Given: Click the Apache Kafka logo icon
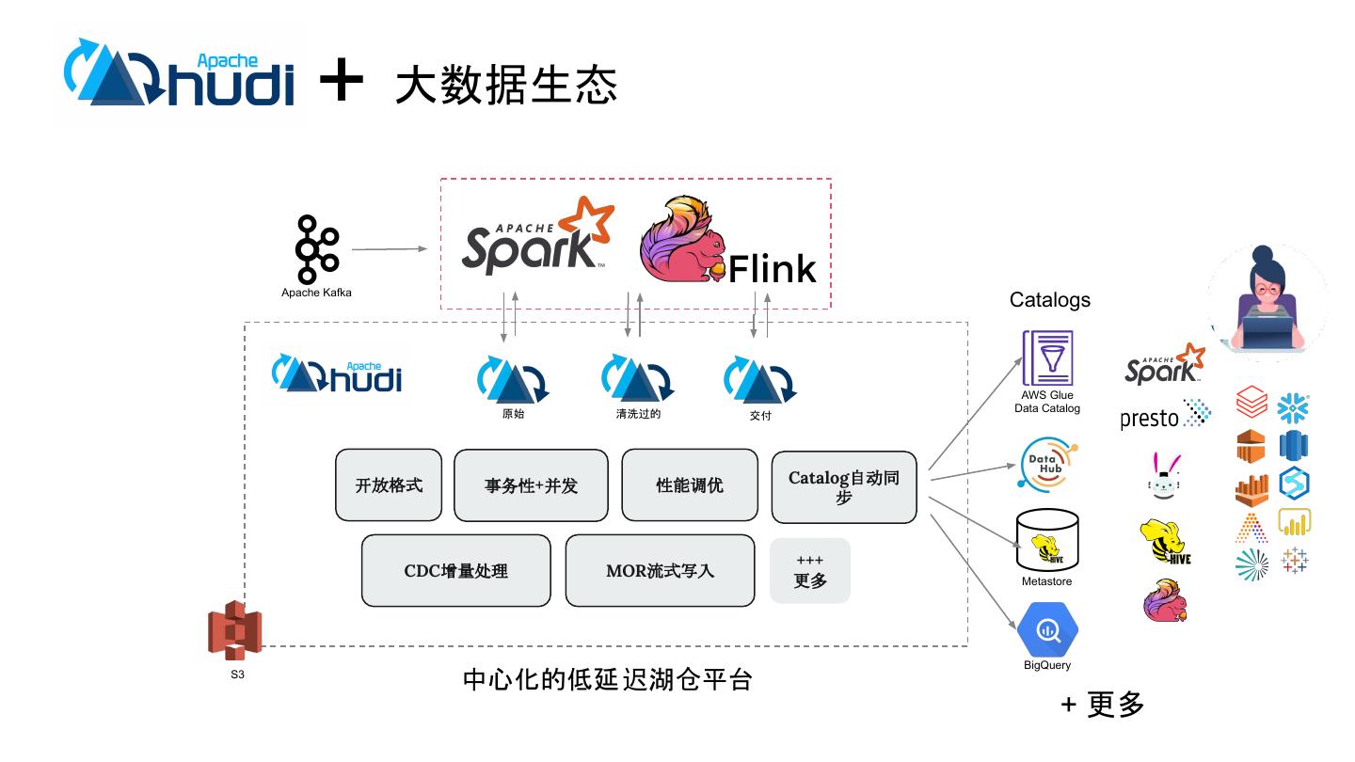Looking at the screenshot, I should pos(316,249).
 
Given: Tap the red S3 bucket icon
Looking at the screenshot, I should pos(234,631).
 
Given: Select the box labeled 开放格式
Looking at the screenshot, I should pos(389,485).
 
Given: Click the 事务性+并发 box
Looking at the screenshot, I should pos(531,485).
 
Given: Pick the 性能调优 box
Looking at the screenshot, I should pos(690,485).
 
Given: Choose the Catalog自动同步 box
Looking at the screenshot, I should pos(844,487).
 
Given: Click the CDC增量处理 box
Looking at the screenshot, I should pos(455,570).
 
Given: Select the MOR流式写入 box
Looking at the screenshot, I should pos(660,570).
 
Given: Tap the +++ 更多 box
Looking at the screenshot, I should pos(810,570).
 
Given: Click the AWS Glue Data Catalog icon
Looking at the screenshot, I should pos(1047,357).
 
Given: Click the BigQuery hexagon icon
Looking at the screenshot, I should pos(1047,630).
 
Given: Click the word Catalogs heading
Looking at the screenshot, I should pos(1049,300).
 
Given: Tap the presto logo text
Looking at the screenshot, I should pos(1150,418).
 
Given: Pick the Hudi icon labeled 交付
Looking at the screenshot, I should pos(758,381).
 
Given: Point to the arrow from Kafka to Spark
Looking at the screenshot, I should pos(389,249).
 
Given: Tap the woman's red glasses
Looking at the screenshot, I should pos(1268,288).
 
